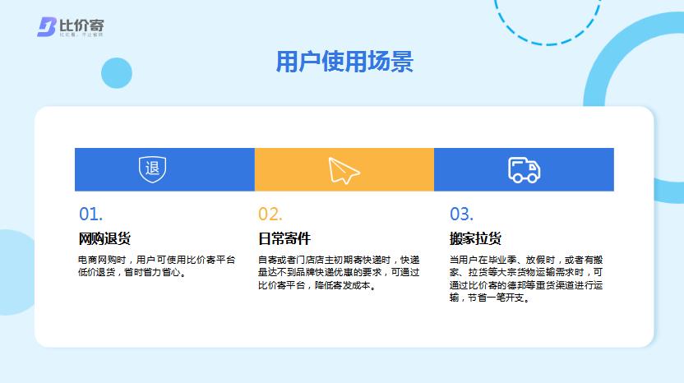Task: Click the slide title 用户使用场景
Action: click(344, 62)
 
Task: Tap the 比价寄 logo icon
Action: click(46, 27)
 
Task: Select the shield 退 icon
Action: click(152, 169)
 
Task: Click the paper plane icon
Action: click(344, 169)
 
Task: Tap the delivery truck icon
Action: click(524, 169)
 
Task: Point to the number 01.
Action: click(90, 215)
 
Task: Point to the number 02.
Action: click(270, 215)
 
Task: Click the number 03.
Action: click(461, 215)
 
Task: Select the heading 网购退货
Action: click(104, 239)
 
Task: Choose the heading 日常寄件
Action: click(284, 239)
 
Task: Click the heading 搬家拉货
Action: click(475, 239)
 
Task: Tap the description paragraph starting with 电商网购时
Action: click(156, 265)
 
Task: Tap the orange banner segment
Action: click(344, 169)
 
